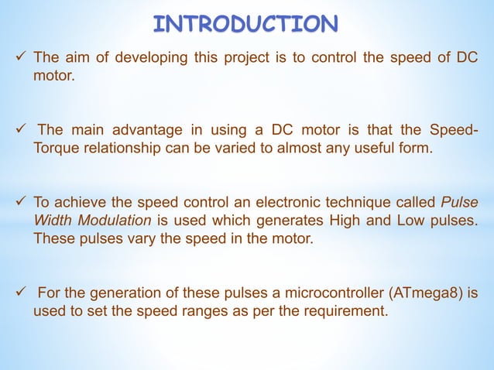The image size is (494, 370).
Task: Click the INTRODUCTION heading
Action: (246, 23)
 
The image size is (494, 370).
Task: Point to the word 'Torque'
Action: (53, 148)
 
